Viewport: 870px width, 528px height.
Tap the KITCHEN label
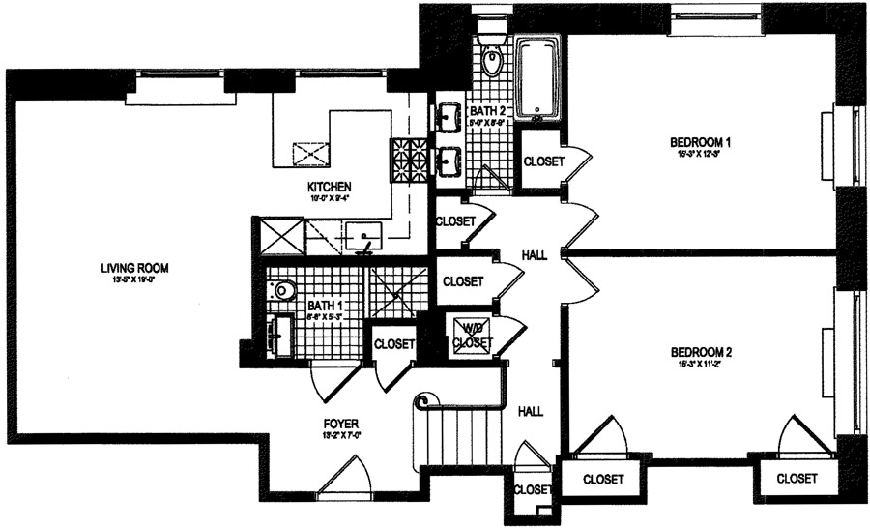coord(329,187)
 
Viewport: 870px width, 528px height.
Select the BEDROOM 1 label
coord(701,143)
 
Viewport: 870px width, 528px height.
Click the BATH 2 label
coord(488,111)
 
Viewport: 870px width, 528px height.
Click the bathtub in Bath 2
coord(537,77)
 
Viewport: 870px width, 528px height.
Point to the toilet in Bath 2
coord(492,60)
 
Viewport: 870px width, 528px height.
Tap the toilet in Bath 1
coord(283,288)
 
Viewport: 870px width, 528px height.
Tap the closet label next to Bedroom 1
coord(543,161)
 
